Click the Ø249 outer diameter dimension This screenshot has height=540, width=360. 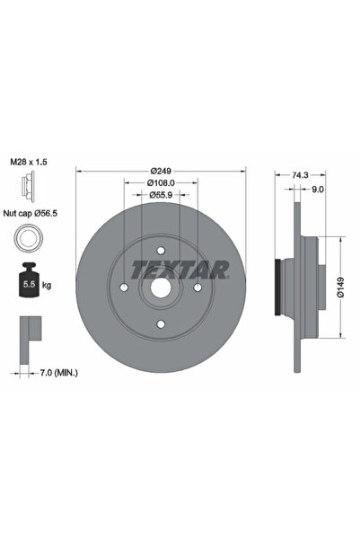[161, 171]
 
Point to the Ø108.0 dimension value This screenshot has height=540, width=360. [161, 182]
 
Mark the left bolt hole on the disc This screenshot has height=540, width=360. [124, 287]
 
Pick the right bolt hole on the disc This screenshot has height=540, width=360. [197, 287]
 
